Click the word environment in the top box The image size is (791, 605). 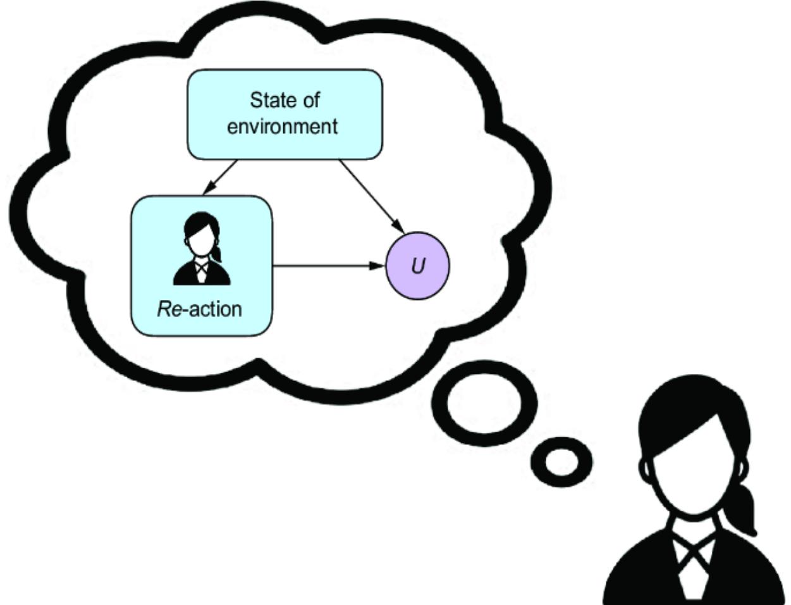click(x=282, y=126)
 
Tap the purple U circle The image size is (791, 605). click(x=417, y=266)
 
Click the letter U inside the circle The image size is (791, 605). click(x=417, y=266)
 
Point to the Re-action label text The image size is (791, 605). click(x=199, y=309)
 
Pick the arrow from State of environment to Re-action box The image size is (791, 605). click(x=221, y=177)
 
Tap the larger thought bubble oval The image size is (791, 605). click(x=485, y=402)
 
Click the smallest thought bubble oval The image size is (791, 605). click(x=561, y=462)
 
